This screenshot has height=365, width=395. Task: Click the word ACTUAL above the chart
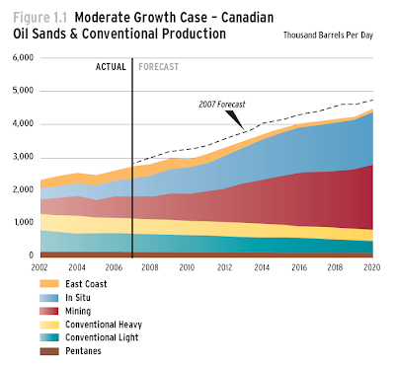tap(111, 67)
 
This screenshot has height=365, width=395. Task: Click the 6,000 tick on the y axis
tap(23, 58)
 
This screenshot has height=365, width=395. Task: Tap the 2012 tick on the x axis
tap(224, 266)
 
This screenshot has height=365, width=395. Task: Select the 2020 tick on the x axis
tap(372, 266)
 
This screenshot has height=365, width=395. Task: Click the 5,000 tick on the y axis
tap(23, 92)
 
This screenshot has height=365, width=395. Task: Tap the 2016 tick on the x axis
tap(298, 266)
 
